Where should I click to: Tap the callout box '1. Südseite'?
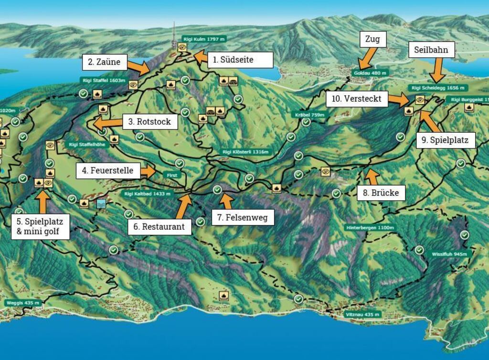click(x=240, y=60)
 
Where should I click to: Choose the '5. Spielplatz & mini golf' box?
click(x=40, y=227)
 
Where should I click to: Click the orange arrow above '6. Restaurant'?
click(x=184, y=206)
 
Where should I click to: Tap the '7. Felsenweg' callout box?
click(x=243, y=217)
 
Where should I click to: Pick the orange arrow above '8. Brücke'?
click(x=372, y=177)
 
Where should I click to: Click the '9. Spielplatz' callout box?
click(x=446, y=140)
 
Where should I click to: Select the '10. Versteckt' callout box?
click(x=357, y=99)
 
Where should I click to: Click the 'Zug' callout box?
click(x=372, y=39)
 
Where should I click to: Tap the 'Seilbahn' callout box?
click(x=431, y=50)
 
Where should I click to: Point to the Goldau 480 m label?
click(x=370, y=73)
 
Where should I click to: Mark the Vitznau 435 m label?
click(x=363, y=315)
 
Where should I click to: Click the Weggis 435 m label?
click(x=23, y=303)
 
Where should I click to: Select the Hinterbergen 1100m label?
click(x=370, y=228)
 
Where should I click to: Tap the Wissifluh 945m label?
click(x=449, y=254)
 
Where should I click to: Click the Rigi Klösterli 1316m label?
click(x=246, y=152)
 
